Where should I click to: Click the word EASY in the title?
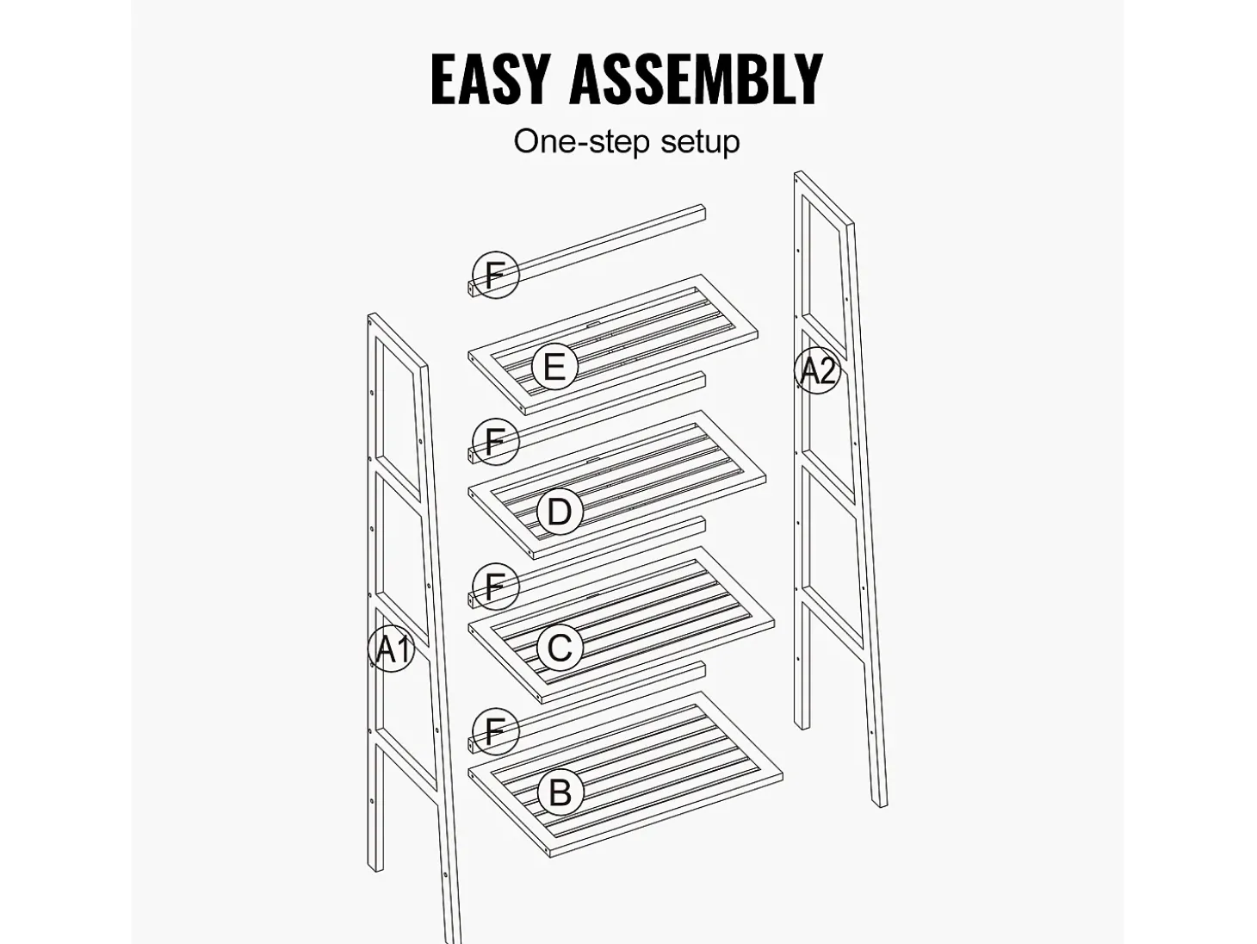[489, 79]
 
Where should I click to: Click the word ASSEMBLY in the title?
[697, 79]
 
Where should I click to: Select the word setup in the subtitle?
[700, 143]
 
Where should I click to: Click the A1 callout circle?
[391, 649]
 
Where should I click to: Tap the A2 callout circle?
[818, 370]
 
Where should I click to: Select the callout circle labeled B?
[560, 793]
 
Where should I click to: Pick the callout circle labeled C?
[560, 648]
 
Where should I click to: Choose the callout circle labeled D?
[560, 511]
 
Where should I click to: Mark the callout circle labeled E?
[554, 367]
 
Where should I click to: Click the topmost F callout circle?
[495, 275]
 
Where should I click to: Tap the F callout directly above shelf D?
[495, 442]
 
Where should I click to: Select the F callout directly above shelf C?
[495, 587]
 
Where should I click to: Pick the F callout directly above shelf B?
[495, 732]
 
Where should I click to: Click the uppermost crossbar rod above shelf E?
[587, 251]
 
